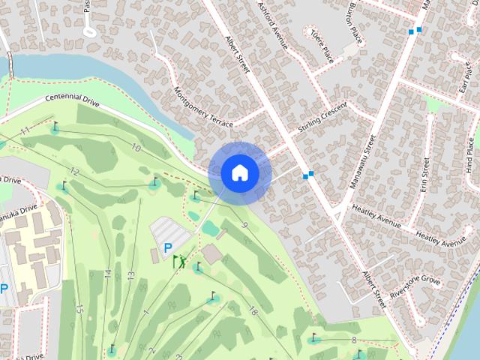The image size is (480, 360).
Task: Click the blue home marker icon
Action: [x=239, y=173]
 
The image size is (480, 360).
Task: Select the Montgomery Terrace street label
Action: [x=203, y=106]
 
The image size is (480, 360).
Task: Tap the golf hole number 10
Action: [x=136, y=148]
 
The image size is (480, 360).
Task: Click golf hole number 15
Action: [x=79, y=308]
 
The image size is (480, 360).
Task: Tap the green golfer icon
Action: [x=178, y=261]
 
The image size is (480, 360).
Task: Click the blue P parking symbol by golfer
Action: [x=167, y=247]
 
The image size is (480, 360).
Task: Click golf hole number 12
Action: [x=73, y=172]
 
